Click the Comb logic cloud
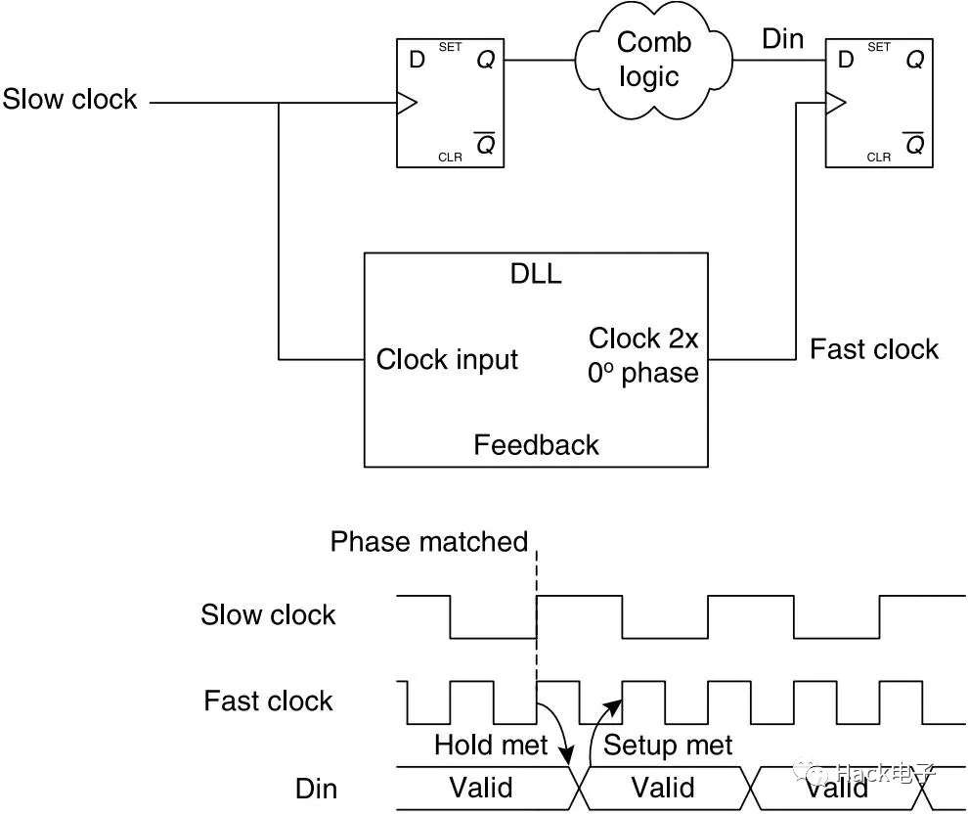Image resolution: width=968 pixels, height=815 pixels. (x=654, y=59)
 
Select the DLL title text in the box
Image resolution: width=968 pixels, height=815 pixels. (x=536, y=273)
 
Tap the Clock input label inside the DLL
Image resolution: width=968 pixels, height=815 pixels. (x=447, y=359)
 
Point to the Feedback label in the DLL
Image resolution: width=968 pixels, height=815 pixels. (x=536, y=445)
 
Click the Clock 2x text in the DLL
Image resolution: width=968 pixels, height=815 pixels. (x=643, y=339)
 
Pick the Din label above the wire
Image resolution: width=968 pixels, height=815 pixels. (x=782, y=39)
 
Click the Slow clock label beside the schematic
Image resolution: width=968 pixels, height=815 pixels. (x=69, y=100)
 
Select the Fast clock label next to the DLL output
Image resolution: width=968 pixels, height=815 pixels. (x=873, y=349)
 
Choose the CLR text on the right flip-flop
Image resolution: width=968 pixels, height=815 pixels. (x=879, y=157)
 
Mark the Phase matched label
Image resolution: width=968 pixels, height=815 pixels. (x=428, y=541)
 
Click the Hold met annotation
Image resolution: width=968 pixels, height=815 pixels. (x=491, y=746)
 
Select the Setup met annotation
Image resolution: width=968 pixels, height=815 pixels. (x=668, y=746)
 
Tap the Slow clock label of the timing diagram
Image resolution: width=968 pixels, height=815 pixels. (x=268, y=614)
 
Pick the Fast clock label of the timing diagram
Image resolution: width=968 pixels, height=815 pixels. (x=268, y=701)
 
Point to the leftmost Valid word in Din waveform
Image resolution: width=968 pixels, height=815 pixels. (x=480, y=788)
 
